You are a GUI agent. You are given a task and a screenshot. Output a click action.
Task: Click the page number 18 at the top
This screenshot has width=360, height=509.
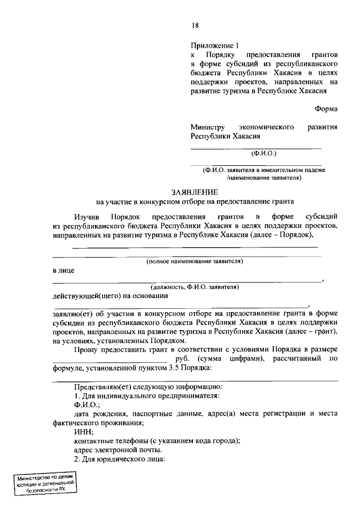(x=195, y=25)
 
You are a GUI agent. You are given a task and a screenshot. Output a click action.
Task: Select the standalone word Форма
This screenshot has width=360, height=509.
(x=326, y=110)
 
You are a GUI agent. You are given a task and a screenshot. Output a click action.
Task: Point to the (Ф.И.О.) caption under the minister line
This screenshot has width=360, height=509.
(x=263, y=153)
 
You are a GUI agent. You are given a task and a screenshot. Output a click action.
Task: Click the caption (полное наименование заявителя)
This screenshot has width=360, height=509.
(x=195, y=262)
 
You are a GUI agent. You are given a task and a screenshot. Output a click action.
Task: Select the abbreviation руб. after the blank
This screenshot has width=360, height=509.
(x=182, y=358)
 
